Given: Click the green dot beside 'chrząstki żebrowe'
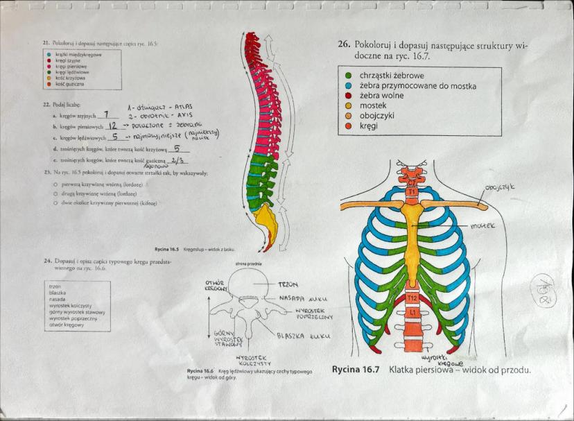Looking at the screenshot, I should [x=347, y=75].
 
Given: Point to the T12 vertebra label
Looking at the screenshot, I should [x=412, y=298].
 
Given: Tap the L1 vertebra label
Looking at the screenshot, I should [x=412, y=313].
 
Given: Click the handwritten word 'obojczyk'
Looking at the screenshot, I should [x=503, y=188].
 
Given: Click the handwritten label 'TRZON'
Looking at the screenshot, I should [x=288, y=284].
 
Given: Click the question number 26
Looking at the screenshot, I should [x=343, y=44].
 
